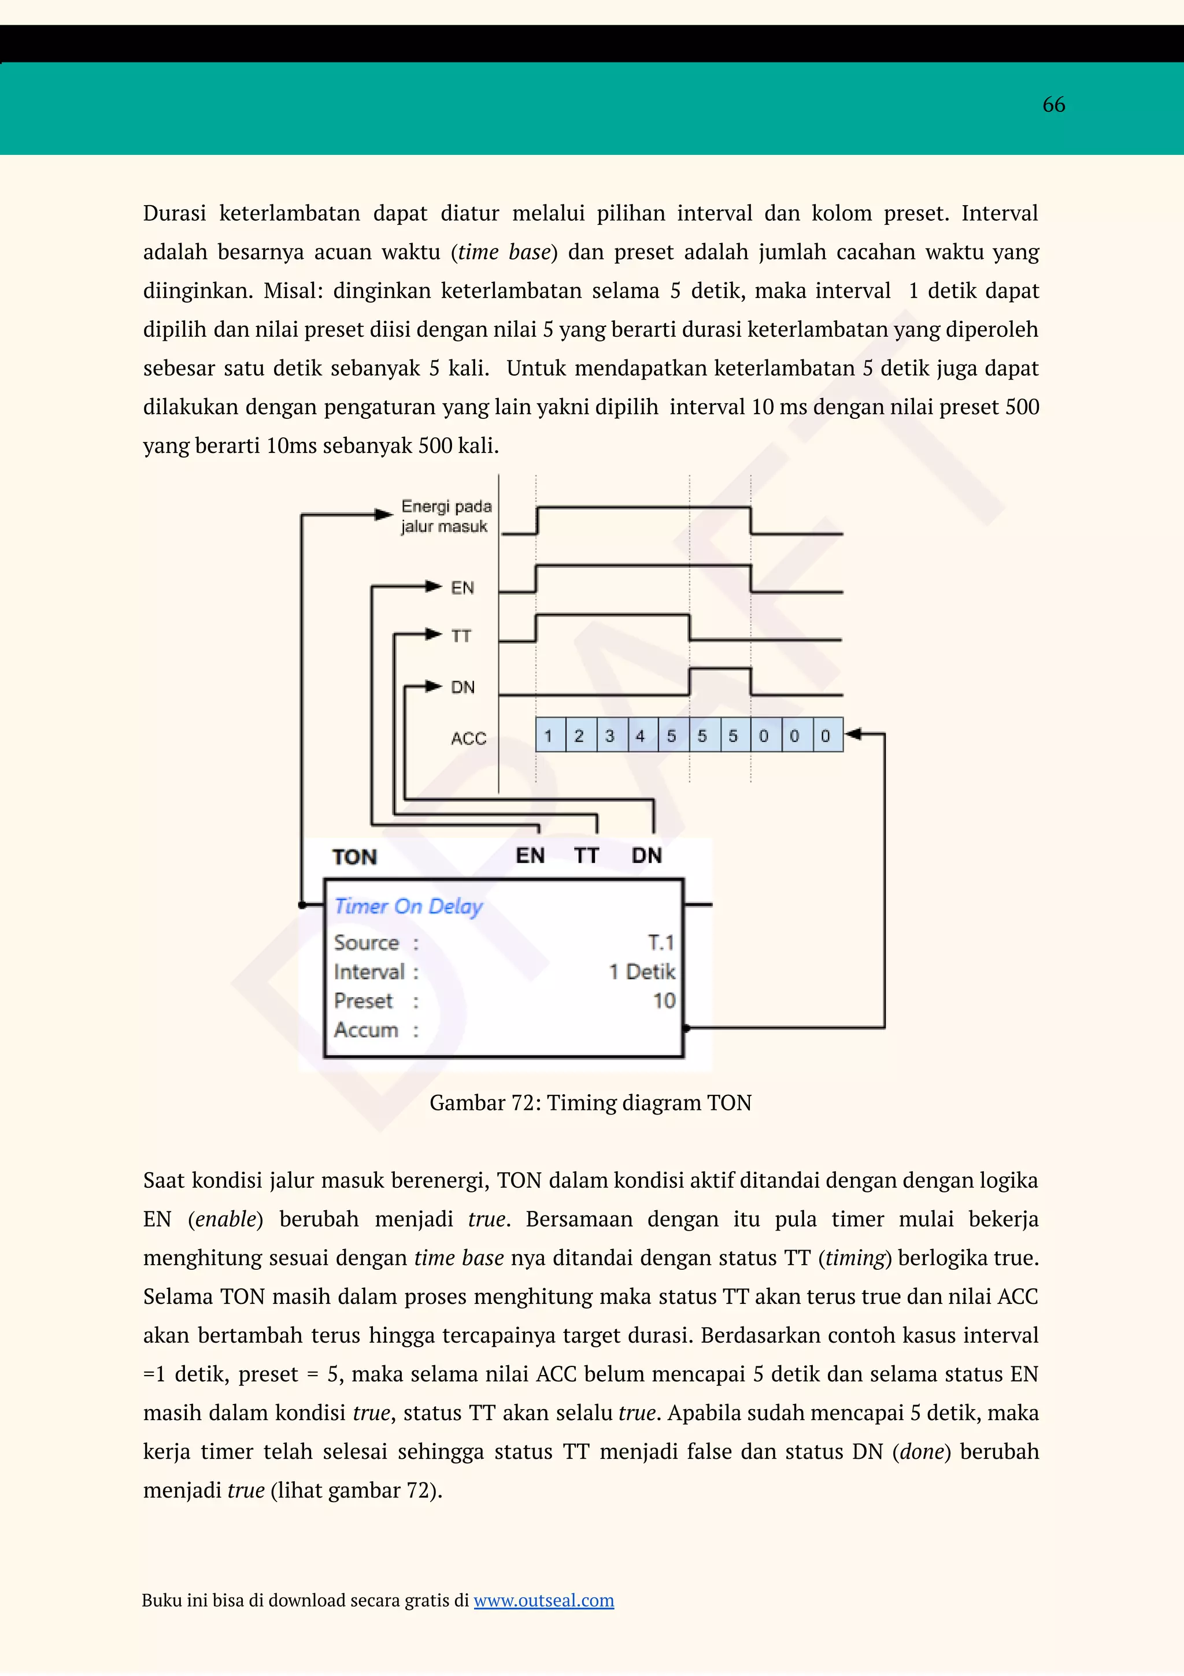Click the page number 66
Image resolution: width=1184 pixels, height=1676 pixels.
[x=1053, y=105]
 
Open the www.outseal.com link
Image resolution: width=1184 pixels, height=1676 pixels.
[x=543, y=1600]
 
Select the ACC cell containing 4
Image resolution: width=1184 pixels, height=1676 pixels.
[x=641, y=735]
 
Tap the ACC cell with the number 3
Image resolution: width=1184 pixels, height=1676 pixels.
[x=610, y=735]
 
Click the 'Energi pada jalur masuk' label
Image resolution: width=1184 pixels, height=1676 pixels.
[x=446, y=516]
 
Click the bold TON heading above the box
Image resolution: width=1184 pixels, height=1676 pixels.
[x=355, y=856]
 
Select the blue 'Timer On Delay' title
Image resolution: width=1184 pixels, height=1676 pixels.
[x=408, y=906]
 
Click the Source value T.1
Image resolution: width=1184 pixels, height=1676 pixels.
[x=660, y=942]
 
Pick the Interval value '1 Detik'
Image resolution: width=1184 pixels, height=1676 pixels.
[x=642, y=972]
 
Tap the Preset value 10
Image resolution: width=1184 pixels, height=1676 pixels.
[x=664, y=1000]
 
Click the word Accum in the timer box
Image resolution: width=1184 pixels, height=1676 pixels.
[x=367, y=1030]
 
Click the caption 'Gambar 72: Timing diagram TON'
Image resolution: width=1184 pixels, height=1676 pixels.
[x=590, y=1102]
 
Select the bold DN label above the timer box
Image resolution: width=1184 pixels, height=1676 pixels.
[x=646, y=855]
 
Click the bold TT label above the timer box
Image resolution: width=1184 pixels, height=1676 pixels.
[x=587, y=855]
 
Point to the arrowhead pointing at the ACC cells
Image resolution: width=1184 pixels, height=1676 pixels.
[x=852, y=734]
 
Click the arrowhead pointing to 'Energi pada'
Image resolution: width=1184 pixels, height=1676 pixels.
[x=383, y=515]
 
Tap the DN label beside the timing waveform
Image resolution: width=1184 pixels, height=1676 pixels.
[x=462, y=687]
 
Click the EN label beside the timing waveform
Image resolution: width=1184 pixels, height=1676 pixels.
[x=462, y=588]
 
